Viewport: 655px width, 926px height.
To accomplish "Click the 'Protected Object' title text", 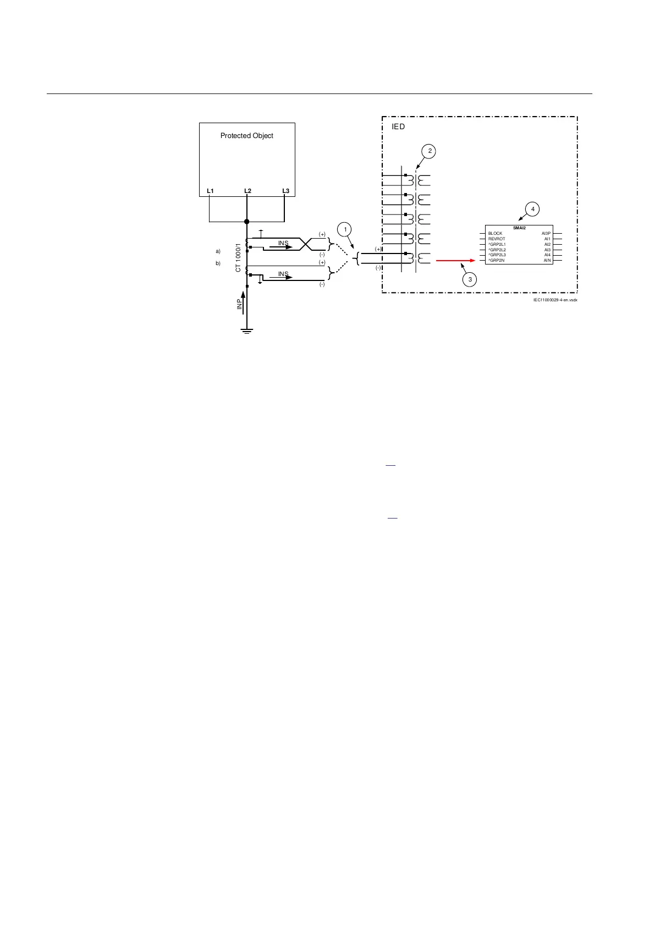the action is coord(246,136).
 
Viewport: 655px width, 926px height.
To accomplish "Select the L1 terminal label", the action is coord(210,191).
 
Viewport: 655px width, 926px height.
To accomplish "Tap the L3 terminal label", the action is coord(285,191).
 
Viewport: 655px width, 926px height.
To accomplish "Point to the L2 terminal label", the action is coord(247,191).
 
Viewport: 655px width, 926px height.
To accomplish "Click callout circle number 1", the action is coord(345,229).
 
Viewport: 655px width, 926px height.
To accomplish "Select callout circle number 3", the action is coord(470,279).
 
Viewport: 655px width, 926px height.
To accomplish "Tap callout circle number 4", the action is coord(532,209).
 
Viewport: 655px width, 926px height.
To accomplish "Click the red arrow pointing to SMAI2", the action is coord(455,261).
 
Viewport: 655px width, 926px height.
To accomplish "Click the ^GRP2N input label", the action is coord(497,260).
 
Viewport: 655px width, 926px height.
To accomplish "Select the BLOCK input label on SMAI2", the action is coord(495,234).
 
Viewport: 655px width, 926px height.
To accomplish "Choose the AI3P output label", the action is coord(546,234).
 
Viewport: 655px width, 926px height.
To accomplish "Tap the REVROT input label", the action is coord(497,239).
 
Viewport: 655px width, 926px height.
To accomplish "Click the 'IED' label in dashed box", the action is coord(398,127).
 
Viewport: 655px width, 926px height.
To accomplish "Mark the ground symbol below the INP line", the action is coord(247,332).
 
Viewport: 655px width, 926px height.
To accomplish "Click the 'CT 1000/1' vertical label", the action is coord(238,257).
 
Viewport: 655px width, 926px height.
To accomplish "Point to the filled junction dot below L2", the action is coord(247,222).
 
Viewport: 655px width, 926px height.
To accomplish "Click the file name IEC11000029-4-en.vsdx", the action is coord(555,300).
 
